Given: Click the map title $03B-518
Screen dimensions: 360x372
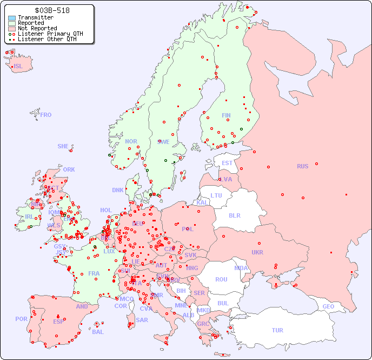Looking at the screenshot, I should pyautogui.click(x=51, y=10).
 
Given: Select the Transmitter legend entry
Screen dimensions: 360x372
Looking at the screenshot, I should pyautogui.click(x=35, y=18).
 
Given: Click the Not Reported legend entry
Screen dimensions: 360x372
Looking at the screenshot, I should pyautogui.click(x=37, y=28).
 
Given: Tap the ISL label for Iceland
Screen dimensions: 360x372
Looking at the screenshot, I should pyautogui.click(x=18, y=66).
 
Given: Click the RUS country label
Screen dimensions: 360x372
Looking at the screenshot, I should pyautogui.click(x=302, y=166).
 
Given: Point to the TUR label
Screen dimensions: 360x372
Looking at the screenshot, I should pyautogui.click(x=277, y=330).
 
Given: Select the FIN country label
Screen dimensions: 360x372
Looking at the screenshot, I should pyautogui.click(x=226, y=115).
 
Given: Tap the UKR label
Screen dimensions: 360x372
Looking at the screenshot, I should pyautogui.click(x=257, y=252).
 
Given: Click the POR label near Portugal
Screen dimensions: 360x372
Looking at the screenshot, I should pyautogui.click(x=21, y=319).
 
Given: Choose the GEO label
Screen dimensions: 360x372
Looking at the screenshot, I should pyautogui.click(x=328, y=306).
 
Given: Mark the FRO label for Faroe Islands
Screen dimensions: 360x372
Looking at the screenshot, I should pyautogui.click(x=46, y=115).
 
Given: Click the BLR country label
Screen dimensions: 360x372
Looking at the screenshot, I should pyautogui.click(x=235, y=215).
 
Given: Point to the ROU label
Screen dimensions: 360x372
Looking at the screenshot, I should pyautogui.click(x=221, y=279).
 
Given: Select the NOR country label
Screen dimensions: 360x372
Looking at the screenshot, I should pyautogui.click(x=131, y=141).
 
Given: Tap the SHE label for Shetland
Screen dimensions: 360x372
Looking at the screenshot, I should pyautogui.click(x=63, y=146).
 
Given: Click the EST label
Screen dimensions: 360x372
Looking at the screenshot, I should pyautogui.click(x=227, y=163).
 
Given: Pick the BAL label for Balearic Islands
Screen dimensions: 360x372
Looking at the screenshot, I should pyautogui.click(x=97, y=332).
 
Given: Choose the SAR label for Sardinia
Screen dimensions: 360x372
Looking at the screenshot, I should pyautogui.click(x=142, y=319).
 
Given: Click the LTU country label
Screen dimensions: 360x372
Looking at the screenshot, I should pyautogui.click(x=216, y=195).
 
